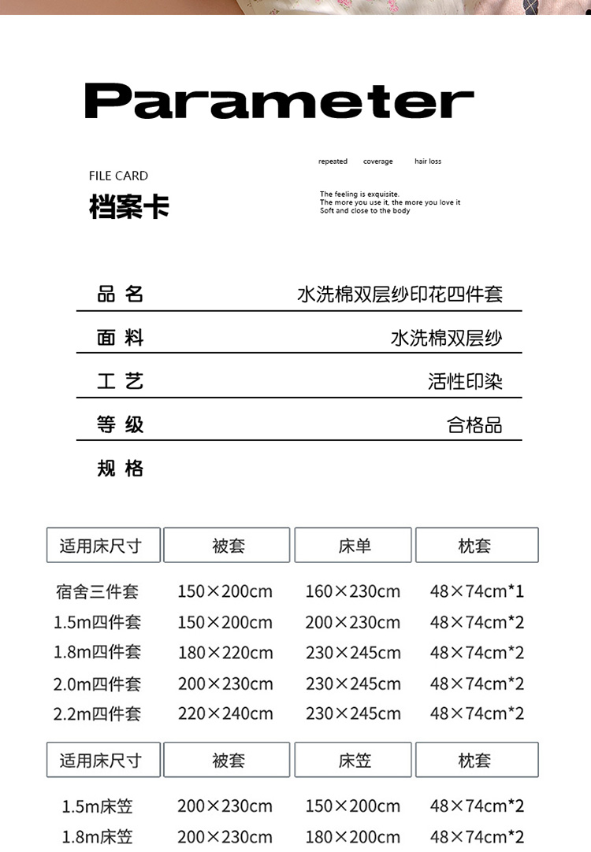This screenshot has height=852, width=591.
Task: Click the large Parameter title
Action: [279, 102]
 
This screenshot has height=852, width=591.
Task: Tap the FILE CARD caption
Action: [118, 176]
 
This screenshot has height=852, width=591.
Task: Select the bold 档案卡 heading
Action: [128, 207]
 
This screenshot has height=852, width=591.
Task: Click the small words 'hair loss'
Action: [428, 161]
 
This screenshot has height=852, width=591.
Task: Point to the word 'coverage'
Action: [377, 161]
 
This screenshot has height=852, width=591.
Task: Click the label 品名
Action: [120, 294]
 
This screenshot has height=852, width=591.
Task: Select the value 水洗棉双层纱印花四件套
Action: [400, 294]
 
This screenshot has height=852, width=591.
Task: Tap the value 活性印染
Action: [465, 382]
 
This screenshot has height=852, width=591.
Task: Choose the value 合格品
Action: [474, 425]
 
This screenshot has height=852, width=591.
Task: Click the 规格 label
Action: [120, 469]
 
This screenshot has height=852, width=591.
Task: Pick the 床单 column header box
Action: [353, 545]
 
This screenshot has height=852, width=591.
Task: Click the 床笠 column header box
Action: [353, 760]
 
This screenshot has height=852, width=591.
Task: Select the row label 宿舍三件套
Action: [97, 591]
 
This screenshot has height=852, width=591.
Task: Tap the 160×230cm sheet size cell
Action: [353, 591]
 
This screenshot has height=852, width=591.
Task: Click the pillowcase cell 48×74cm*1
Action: [477, 591]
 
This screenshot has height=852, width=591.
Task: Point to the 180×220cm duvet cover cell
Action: [225, 653]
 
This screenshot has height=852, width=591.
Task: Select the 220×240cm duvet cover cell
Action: [225, 713]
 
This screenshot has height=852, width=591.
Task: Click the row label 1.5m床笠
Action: [97, 806]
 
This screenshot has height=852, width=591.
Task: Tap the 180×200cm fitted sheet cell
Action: [353, 836]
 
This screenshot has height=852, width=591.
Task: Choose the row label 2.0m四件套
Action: [97, 683]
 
